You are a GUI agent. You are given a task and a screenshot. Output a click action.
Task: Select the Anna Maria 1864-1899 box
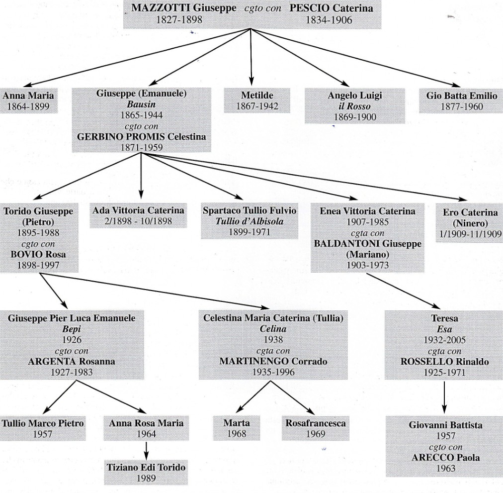(x=29, y=100)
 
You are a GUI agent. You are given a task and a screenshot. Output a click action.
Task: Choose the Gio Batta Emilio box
(x=461, y=100)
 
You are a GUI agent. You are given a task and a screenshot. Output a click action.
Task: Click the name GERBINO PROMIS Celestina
(x=142, y=137)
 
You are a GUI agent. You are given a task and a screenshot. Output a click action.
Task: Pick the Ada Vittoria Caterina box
(x=138, y=215)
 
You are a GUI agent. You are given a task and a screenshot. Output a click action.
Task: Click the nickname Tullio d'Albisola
(x=250, y=221)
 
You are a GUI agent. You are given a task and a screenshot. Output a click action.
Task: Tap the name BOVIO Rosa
(x=38, y=255)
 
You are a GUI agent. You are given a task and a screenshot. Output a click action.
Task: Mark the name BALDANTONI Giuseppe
(x=367, y=244)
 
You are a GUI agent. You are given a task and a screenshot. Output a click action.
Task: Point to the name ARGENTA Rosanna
(x=72, y=361)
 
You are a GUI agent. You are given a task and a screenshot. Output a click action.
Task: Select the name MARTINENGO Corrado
(x=273, y=361)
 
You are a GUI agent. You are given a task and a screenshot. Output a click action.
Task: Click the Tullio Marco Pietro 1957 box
(x=43, y=428)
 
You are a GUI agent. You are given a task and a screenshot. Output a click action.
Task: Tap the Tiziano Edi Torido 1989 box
(x=146, y=473)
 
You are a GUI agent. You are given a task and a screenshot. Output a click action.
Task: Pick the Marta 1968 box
(x=237, y=428)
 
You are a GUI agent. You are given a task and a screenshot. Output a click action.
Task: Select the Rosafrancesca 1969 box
(x=316, y=428)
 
